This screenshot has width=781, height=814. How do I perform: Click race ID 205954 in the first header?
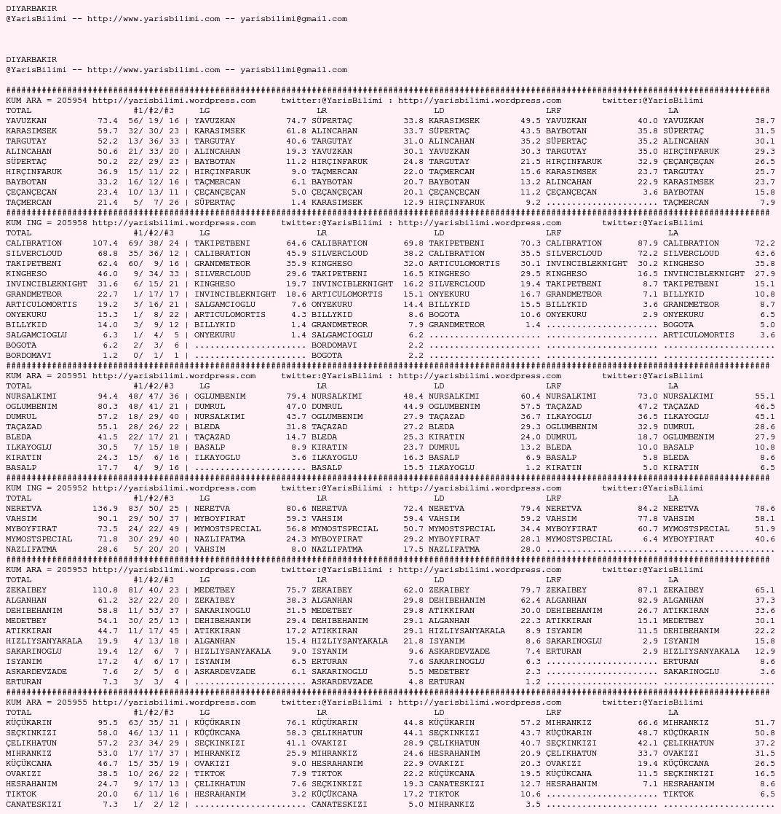(x=71, y=101)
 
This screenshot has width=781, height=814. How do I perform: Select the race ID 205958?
(x=71, y=223)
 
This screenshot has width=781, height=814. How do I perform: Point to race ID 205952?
(x=71, y=488)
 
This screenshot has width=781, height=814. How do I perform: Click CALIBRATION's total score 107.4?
(x=105, y=243)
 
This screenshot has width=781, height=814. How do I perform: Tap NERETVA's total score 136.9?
(x=105, y=509)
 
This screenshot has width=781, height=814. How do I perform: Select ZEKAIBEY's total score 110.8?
(x=105, y=590)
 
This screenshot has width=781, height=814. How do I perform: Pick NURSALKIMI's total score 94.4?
(x=107, y=396)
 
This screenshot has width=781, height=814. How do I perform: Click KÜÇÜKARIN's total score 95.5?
(x=107, y=723)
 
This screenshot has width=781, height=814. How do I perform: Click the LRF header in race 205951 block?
(x=553, y=386)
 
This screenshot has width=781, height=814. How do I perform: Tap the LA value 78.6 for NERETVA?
(x=764, y=509)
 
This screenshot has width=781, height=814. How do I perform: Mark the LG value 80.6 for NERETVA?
(x=296, y=509)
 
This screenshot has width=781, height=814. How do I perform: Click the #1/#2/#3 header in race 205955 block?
(x=153, y=713)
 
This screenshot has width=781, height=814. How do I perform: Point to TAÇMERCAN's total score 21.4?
(x=107, y=203)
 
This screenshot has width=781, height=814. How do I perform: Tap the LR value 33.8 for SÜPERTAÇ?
(x=413, y=121)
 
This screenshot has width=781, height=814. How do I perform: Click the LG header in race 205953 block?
(x=205, y=580)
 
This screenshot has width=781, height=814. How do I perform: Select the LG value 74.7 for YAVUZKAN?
(x=296, y=121)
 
